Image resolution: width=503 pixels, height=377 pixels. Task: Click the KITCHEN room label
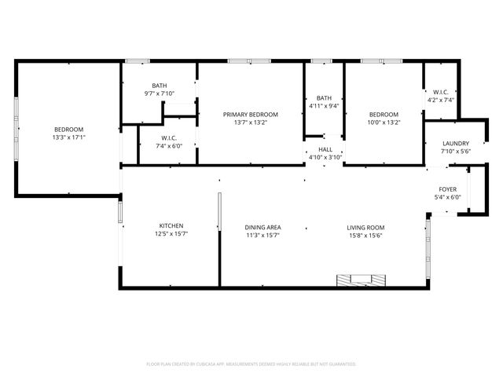tap(171, 225)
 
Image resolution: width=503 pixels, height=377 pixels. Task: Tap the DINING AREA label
tap(263, 227)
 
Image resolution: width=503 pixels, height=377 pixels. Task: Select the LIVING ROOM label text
tap(365, 227)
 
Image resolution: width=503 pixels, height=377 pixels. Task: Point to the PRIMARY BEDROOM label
tap(250, 115)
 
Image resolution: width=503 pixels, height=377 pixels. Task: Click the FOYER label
tap(447, 189)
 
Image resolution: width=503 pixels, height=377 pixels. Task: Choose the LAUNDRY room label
tap(455, 143)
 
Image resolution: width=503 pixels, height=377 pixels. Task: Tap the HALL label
tap(325, 149)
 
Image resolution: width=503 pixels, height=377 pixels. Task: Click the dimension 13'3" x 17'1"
tap(68, 137)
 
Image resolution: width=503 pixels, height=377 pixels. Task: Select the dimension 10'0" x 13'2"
tap(384, 122)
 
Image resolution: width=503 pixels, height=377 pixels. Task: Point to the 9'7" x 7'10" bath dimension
tap(159, 93)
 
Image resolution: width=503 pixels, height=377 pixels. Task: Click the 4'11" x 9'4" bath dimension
tap(324, 106)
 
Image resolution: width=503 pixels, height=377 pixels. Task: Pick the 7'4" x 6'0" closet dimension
tap(168, 145)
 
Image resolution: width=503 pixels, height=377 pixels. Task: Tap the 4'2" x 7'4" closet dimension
tap(441, 100)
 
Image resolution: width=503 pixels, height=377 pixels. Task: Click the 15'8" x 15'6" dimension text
tap(365, 234)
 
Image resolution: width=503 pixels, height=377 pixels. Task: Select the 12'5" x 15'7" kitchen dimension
tap(171, 233)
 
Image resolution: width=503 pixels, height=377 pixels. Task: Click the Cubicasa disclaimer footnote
tap(251, 364)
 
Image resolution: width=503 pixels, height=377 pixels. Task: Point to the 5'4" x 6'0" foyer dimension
tap(447, 197)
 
